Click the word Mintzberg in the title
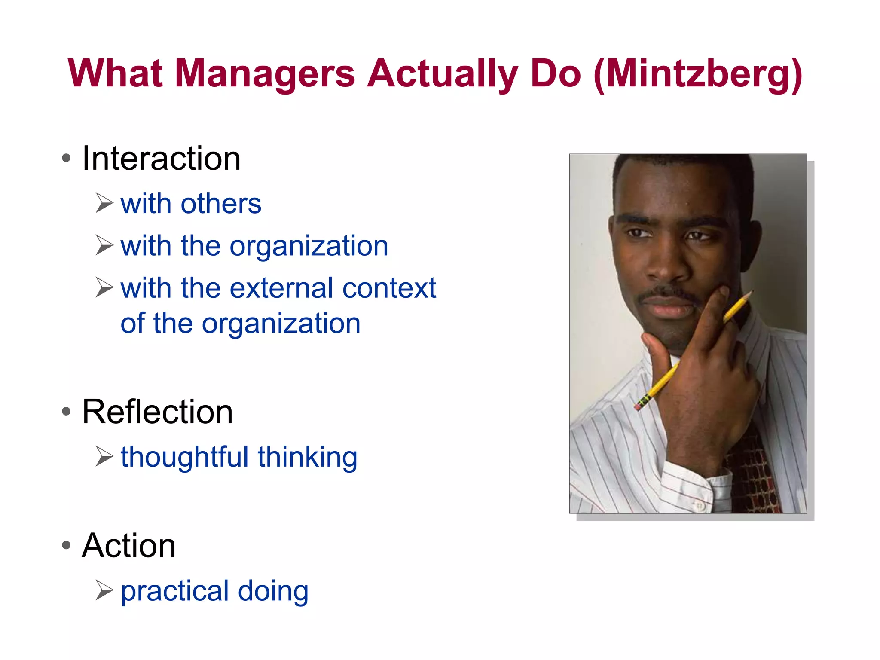[698, 74]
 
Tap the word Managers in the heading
[265, 74]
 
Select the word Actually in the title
[443, 74]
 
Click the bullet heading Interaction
[161, 159]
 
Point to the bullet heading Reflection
[157, 412]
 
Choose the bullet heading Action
[129, 545]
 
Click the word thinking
[308, 457]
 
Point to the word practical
[174, 591]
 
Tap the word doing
[273, 591]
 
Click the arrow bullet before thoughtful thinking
[104, 456]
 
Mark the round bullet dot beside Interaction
[66, 158]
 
